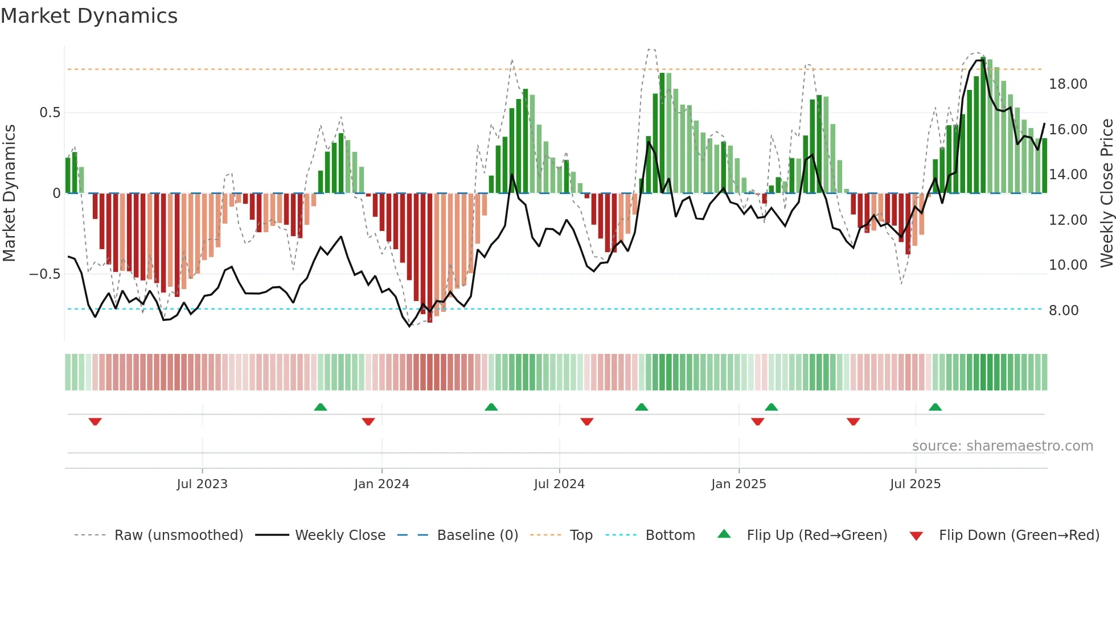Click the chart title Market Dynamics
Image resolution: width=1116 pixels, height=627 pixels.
(89, 16)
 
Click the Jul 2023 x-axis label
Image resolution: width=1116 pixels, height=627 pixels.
(202, 484)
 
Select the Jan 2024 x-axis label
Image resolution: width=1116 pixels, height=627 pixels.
(381, 484)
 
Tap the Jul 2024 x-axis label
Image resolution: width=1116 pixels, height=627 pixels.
(559, 484)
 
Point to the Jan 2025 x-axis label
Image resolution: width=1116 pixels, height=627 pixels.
(738, 484)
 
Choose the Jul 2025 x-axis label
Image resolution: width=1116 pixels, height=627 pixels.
(915, 484)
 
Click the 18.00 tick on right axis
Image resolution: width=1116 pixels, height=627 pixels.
(1068, 84)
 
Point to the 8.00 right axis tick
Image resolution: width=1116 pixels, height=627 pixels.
(1064, 311)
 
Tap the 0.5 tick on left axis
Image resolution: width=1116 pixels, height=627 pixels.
(50, 113)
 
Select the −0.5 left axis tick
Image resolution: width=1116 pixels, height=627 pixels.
(45, 274)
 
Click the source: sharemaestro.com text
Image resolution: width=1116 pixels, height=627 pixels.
(1002, 446)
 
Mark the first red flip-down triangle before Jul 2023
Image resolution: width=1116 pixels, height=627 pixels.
(95, 421)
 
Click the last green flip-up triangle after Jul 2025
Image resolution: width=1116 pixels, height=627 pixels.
(935, 407)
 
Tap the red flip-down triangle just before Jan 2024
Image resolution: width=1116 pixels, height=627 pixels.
(368, 421)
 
